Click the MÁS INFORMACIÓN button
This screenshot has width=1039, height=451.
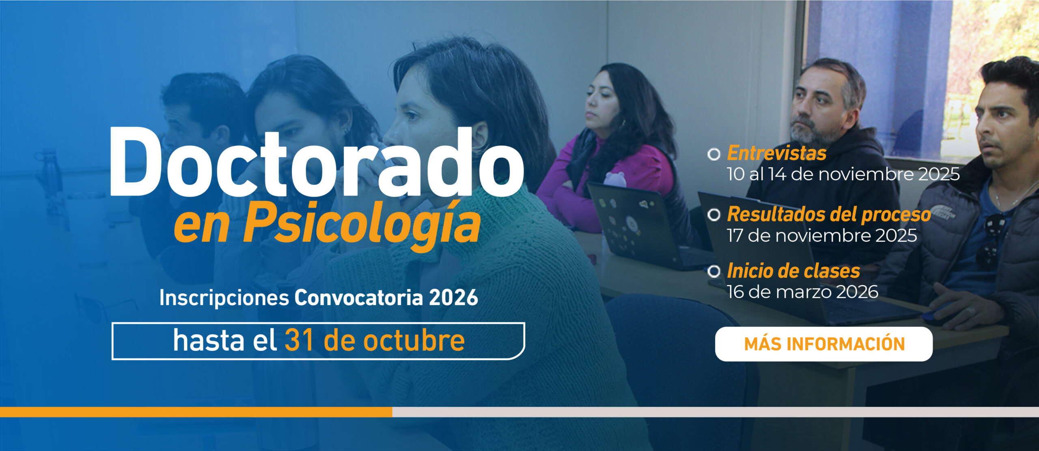coord(823,344)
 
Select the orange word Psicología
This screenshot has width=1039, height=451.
coord(362,223)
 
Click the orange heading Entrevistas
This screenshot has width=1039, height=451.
coord(776,153)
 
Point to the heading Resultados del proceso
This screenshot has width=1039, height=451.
coord(829,215)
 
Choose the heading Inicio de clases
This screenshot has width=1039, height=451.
coord(793,271)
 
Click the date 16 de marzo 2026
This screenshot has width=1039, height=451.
coord(802,292)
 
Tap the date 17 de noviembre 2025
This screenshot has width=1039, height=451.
coord(822,236)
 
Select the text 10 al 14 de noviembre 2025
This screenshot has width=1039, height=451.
coord(843,174)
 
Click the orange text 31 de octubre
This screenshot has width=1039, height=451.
coord(375,340)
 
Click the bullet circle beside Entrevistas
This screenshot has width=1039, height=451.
coord(714,154)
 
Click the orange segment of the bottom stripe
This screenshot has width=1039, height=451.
coord(196,412)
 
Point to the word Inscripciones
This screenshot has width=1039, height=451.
coord(224,298)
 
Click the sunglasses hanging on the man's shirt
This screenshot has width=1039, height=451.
coord(992,241)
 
